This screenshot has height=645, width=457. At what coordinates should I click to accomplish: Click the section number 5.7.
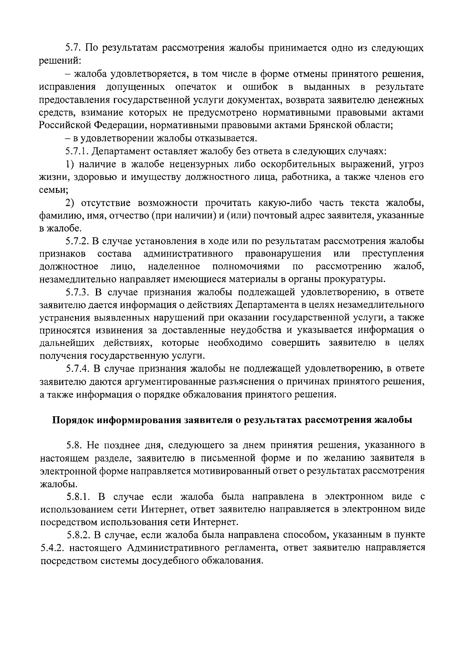click(x=73, y=48)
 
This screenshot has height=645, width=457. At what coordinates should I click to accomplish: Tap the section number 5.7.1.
click(x=77, y=151)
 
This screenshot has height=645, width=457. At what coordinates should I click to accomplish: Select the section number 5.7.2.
click(x=77, y=241)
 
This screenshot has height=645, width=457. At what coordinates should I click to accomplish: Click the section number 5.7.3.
click(x=77, y=292)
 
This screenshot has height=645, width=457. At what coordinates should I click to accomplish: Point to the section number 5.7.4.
click(x=77, y=369)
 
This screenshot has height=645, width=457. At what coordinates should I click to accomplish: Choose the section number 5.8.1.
click(x=78, y=497)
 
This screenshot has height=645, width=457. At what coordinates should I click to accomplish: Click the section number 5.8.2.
click(x=78, y=535)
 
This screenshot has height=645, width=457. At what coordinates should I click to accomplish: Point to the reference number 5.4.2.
click(x=50, y=548)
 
